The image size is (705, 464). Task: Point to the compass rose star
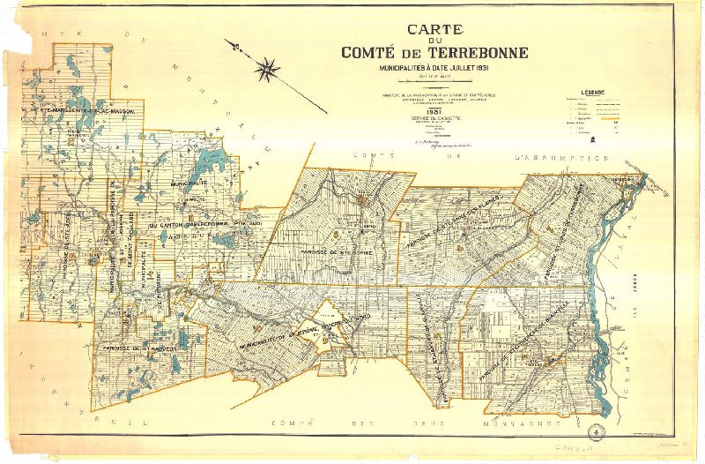coord(268,65)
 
